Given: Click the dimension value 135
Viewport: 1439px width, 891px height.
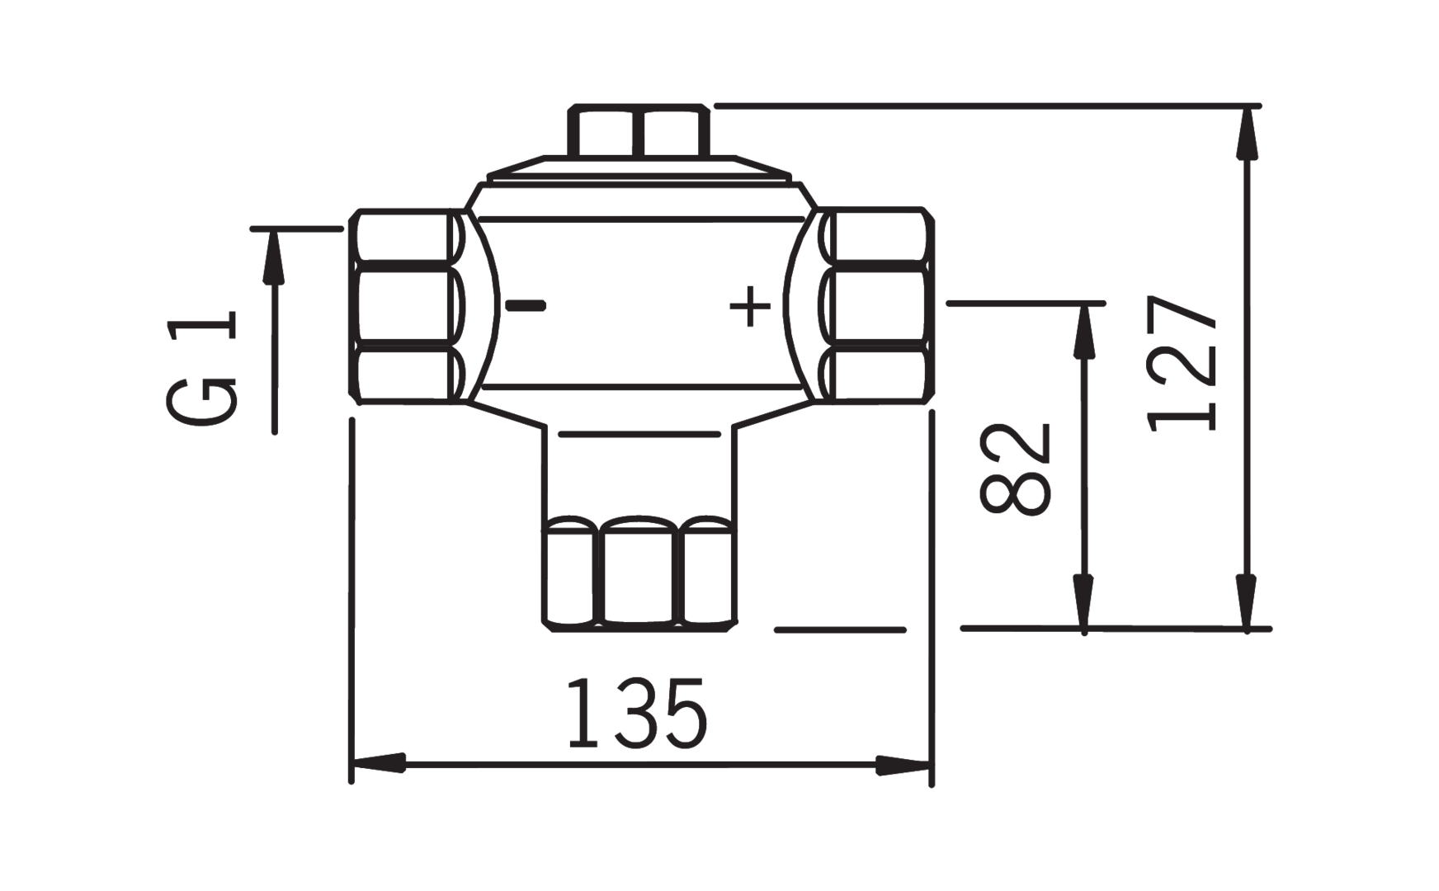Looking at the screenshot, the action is [637, 713].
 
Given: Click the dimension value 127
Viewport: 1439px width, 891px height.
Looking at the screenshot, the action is [1182, 363].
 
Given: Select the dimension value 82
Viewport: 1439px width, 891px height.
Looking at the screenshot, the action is [1015, 469].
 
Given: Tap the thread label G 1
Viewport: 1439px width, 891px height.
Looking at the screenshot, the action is [202, 368].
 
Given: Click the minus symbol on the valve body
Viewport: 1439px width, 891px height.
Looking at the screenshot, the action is [526, 306].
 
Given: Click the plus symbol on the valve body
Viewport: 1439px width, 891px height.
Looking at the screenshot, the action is [750, 307].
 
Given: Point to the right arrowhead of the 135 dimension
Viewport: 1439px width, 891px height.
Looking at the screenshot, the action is [904, 766].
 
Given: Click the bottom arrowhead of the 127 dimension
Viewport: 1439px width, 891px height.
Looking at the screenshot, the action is [1248, 602].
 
